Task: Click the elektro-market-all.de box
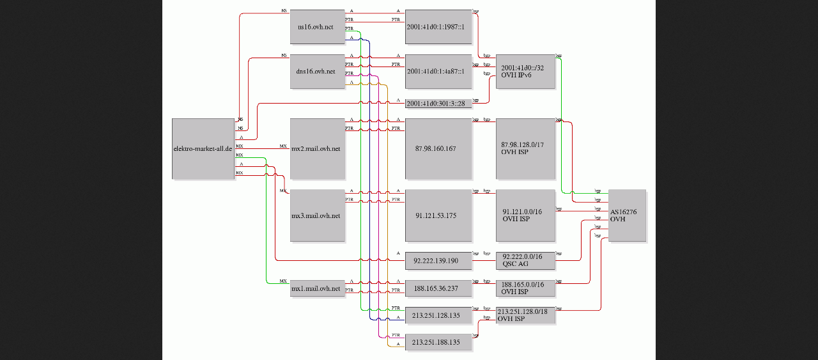pos(203,148)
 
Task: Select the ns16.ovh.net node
pos(316,27)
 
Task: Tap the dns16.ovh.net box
pos(316,72)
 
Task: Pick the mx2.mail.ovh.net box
pos(316,148)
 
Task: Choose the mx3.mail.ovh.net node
pos(316,215)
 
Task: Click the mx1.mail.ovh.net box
pos(316,288)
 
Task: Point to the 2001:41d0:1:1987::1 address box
pos(438,27)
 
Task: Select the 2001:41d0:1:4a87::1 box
pos(438,72)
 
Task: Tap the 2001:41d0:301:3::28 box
pos(438,103)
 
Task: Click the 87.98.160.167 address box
pos(438,148)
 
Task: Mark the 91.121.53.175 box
pos(438,215)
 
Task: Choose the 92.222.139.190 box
pos(438,261)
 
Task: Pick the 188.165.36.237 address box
pos(438,288)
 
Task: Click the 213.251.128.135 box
pos(438,315)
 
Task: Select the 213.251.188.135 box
pos(438,342)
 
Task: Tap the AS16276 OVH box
pos(627,215)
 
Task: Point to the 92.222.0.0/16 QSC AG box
pos(525,261)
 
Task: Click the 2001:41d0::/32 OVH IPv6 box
pos(525,72)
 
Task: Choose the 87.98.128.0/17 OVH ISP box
pos(525,148)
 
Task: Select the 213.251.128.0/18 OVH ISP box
pos(525,315)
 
